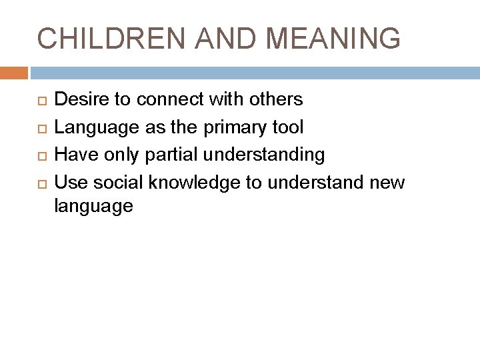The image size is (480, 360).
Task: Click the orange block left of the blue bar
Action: (x=14, y=72)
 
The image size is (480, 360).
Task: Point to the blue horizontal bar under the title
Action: (x=253, y=72)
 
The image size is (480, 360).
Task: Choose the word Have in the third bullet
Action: (x=73, y=155)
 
